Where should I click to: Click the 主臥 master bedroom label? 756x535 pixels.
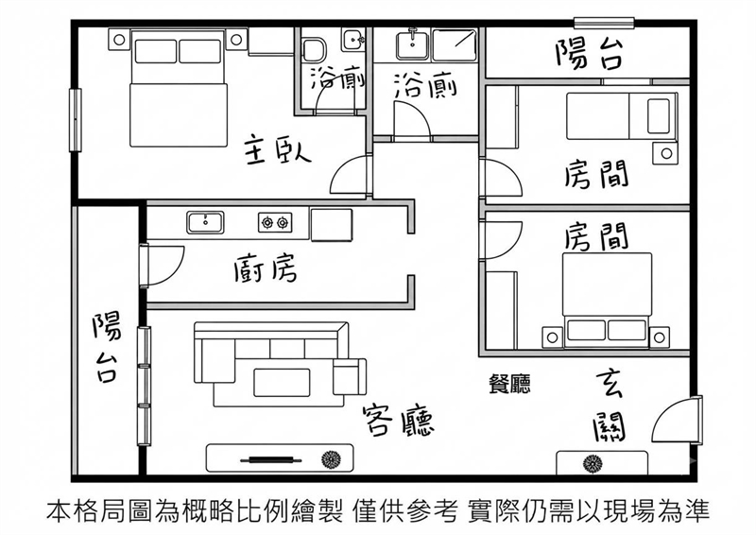[278, 151]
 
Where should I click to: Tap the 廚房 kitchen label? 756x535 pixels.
[266, 267]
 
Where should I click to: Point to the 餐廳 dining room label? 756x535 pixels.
[509, 384]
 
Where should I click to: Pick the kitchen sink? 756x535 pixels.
[205, 222]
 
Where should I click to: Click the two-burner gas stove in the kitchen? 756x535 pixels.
[275, 222]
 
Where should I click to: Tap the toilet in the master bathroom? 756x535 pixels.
[315, 49]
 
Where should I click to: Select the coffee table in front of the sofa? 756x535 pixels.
[282, 383]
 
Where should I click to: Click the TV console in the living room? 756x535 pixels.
[280, 458]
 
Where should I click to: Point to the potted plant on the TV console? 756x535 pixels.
[332, 459]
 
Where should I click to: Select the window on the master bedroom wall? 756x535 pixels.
[76, 120]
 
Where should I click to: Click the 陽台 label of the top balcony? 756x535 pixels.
[589, 54]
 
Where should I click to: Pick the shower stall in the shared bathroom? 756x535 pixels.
[455, 44]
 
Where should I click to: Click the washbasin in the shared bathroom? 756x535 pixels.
[413, 43]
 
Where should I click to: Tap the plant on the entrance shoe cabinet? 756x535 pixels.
[593, 463]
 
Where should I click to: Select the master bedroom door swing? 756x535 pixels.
[351, 175]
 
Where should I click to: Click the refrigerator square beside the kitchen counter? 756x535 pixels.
[332, 224]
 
